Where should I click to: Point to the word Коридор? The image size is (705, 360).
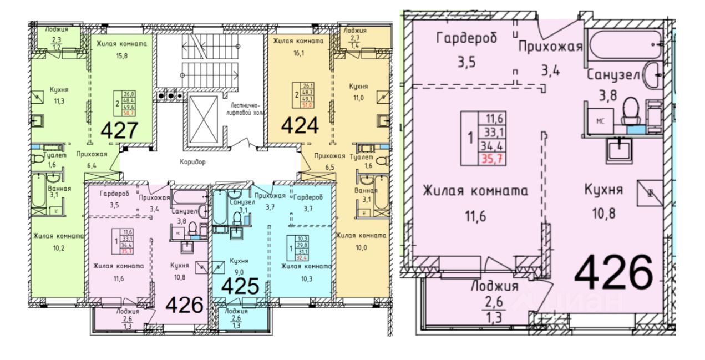coord(192,162)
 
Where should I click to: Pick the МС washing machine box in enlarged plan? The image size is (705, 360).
coord(600,120)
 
